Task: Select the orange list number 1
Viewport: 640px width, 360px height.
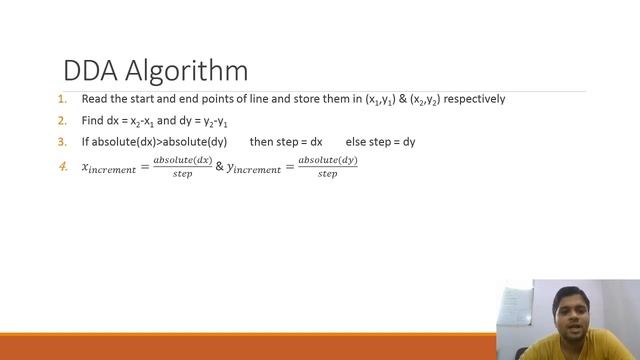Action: (x=62, y=99)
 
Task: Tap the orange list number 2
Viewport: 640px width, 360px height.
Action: (x=62, y=120)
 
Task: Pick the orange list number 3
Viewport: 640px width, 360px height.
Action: (x=62, y=142)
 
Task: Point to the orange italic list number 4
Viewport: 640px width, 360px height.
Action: (x=63, y=165)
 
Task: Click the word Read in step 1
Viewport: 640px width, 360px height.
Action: (x=94, y=99)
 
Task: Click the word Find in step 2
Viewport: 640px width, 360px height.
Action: (x=92, y=120)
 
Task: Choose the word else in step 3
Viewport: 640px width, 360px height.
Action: (x=356, y=142)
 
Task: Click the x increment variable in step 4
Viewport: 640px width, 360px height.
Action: (x=108, y=168)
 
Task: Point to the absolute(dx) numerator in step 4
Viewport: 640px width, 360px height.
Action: (x=182, y=160)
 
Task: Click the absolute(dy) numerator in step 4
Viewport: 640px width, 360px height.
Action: (x=327, y=160)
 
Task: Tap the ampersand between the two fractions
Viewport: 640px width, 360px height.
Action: (x=220, y=167)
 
